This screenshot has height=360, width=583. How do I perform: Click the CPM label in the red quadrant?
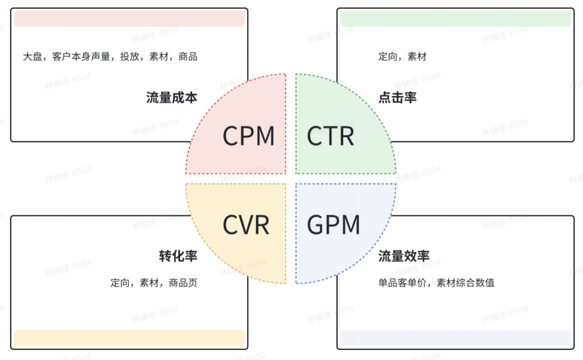[248, 137]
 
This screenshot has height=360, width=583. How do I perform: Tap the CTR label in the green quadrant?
[331, 137]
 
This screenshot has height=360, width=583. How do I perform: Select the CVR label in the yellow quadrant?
[246, 225]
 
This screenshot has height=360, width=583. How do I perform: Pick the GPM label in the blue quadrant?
[334, 225]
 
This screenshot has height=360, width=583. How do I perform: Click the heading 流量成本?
[172, 98]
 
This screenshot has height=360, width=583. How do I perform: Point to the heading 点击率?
[397, 98]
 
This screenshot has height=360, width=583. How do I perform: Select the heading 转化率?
[178, 256]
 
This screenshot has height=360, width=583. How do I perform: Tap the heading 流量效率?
[404, 256]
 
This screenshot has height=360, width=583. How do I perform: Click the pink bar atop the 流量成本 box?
[129, 19]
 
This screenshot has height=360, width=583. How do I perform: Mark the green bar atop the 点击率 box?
[455, 19]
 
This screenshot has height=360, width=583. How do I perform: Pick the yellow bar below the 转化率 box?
[129, 338]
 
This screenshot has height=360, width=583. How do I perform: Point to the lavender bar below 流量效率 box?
[455, 338]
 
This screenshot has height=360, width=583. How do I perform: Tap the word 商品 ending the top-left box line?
[188, 57]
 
